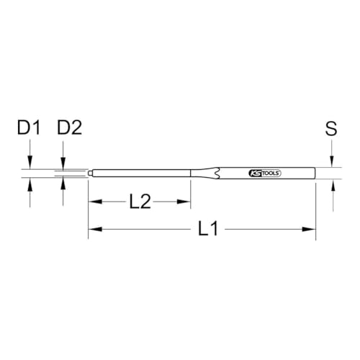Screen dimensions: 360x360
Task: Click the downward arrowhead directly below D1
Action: tap(30, 165)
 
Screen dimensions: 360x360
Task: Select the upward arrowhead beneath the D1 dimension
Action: tap(30, 184)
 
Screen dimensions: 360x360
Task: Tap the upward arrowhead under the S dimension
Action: tap(333, 185)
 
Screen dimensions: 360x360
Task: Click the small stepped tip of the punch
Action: tap(91, 174)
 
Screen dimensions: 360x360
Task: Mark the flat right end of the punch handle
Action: tap(315, 174)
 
